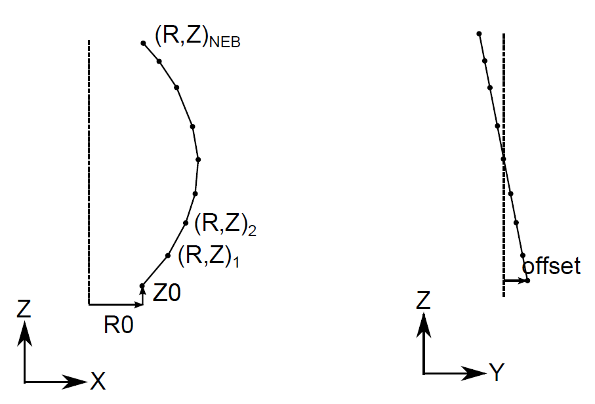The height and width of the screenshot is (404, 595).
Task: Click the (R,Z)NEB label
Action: (x=197, y=37)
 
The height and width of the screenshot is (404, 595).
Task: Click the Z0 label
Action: (x=167, y=293)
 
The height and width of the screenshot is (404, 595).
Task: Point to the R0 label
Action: (x=119, y=326)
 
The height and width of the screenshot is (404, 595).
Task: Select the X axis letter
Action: (x=98, y=381)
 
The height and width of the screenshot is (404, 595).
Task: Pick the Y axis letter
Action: (x=497, y=374)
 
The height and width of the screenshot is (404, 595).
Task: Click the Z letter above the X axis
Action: (x=24, y=309)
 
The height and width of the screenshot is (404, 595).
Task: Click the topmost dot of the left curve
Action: (x=143, y=43)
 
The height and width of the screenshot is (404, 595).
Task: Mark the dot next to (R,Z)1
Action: (x=168, y=255)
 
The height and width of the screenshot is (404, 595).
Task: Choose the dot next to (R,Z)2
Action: (x=186, y=222)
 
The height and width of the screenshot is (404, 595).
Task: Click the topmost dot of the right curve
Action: (x=480, y=33)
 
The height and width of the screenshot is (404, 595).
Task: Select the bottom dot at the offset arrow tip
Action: (x=527, y=281)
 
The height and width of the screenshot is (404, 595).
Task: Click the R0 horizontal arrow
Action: (x=115, y=304)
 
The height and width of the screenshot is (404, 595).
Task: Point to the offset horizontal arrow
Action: (x=514, y=281)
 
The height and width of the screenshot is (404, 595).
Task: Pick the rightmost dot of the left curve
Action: (x=197, y=159)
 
